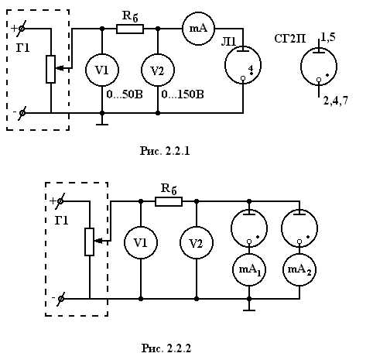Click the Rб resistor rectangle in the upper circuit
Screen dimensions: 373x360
click(x=130, y=29)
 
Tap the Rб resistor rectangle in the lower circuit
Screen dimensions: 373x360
click(x=169, y=201)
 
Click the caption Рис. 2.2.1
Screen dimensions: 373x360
click(x=165, y=151)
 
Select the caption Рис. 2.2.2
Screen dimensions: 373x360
click(x=166, y=348)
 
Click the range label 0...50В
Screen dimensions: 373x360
click(x=125, y=94)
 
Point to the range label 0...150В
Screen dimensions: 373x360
click(x=183, y=94)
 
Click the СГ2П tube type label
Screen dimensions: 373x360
click(x=290, y=39)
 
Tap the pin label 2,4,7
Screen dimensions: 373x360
click(x=336, y=101)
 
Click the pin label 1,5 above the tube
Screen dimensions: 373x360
click(x=328, y=37)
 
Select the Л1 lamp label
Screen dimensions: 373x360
click(x=229, y=42)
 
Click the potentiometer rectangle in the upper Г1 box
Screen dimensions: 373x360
click(x=50, y=69)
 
